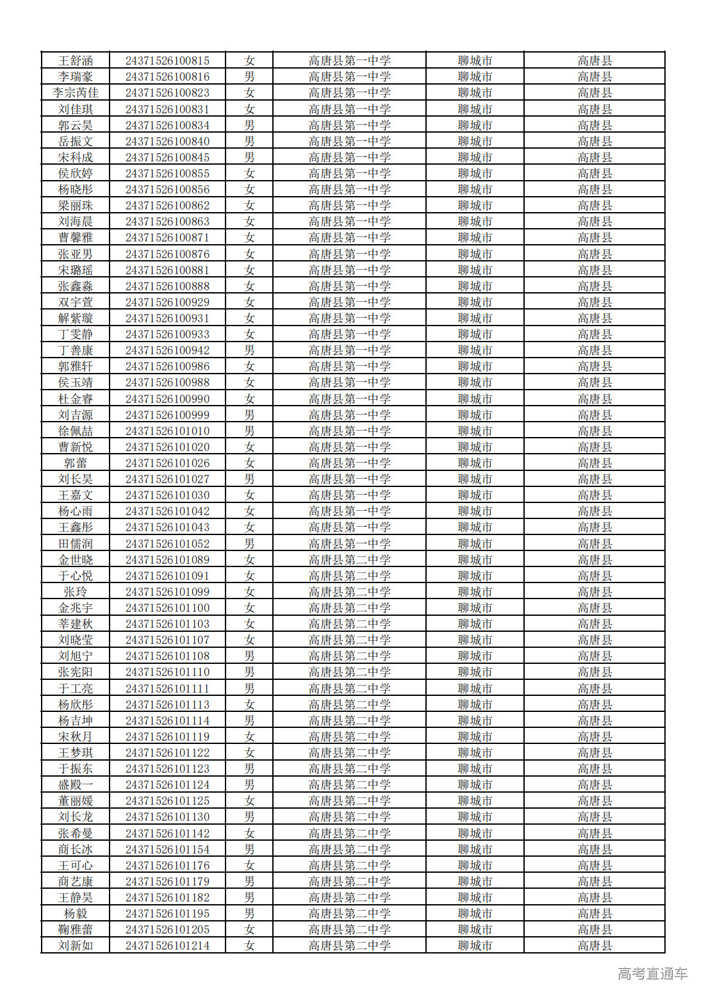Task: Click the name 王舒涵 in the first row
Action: [x=76, y=61]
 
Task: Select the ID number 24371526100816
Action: [x=167, y=77]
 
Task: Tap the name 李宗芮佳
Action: [x=76, y=93]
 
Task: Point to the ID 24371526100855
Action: [x=167, y=174]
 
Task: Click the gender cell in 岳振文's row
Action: [x=249, y=141]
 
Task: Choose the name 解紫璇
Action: [x=76, y=318]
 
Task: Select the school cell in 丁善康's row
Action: [x=349, y=351]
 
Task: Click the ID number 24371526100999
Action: [x=167, y=415]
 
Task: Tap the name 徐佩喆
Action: [x=76, y=431]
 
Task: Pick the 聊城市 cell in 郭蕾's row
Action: [x=475, y=463]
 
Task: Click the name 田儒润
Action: [x=76, y=543]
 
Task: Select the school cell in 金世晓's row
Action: [x=349, y=559]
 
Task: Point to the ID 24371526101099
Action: [x=167, y=592]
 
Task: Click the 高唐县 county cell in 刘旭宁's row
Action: [x=595, y=656]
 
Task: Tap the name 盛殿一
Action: [x=76, y=785]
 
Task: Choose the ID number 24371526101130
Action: [x=167, y=817]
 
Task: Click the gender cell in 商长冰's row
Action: [x=249, y=849]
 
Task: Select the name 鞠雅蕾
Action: [x=76, y=930]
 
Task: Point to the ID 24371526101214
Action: [x=167, y=946]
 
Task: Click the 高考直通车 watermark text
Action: [x=652, y=974]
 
